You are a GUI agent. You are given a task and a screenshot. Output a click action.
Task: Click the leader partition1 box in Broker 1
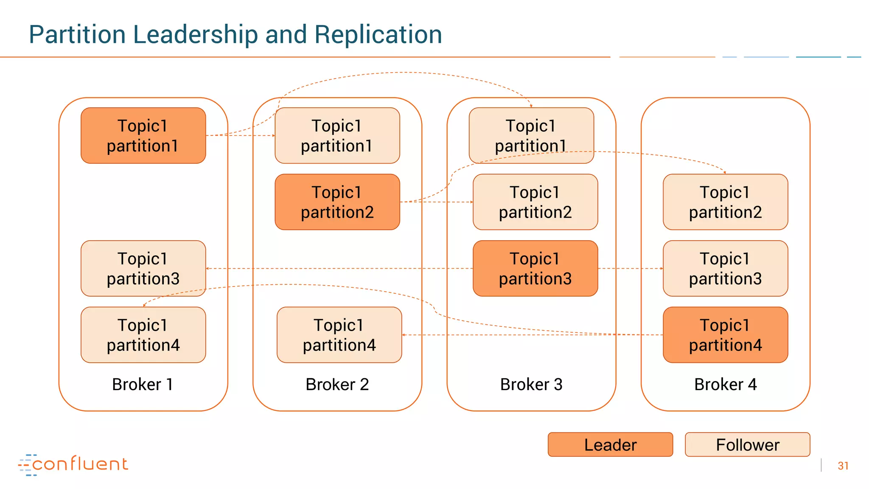(143, 135)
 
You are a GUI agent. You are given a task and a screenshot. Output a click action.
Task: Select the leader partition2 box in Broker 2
(337, 202)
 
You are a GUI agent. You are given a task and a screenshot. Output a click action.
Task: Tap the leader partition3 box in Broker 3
(535, 268)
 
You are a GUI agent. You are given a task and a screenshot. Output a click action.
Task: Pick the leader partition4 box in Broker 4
(725, 335)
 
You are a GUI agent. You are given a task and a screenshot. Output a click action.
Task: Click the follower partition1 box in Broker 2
(337, 135)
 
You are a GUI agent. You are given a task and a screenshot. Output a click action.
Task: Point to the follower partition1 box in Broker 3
(531, 135)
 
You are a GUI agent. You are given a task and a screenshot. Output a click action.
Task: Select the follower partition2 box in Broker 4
(725, 202)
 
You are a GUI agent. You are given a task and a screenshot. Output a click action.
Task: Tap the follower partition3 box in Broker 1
(143, 268)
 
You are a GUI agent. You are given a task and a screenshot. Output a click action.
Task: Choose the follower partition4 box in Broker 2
(339, 335)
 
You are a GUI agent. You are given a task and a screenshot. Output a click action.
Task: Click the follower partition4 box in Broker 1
(143, 335)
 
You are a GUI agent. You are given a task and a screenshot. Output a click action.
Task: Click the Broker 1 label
(143, 385)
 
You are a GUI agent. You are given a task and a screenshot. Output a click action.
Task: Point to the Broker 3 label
(531, 385)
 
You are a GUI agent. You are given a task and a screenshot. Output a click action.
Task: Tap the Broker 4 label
(725, 385)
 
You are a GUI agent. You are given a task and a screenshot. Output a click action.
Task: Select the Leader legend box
(610, 445)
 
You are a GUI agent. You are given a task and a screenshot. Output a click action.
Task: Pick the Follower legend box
(747, 445)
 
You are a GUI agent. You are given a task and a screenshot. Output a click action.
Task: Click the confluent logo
(73, 464)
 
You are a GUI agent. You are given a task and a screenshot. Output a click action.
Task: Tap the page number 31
(843, 466)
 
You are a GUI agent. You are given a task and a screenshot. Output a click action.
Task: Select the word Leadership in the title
(195, 35)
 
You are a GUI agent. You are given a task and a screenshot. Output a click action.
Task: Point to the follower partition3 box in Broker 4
(725, 268)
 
